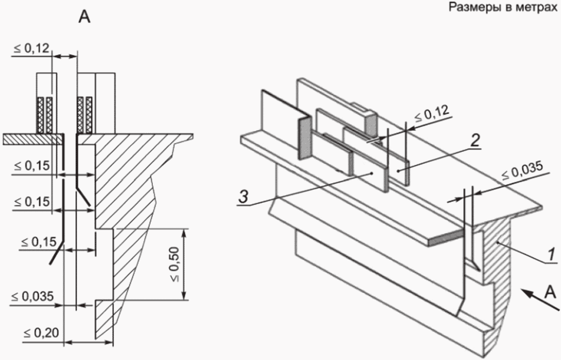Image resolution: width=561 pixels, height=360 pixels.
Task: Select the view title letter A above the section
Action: [x=85, y=17]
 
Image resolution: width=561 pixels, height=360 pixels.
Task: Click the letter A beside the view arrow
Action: [x=550, y=292]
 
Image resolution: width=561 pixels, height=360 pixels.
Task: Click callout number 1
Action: [x=551, y=254]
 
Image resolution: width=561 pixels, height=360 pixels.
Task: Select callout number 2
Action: [x=475, y=140]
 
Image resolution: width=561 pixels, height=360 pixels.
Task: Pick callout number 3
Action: [x=243, y=197]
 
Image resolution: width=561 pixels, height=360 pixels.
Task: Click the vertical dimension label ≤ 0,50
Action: [x=175, y=264]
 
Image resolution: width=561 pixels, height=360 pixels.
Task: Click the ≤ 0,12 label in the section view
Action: [x=31, y=48]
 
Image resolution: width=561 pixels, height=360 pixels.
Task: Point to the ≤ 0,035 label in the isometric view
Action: [x=522, y=170]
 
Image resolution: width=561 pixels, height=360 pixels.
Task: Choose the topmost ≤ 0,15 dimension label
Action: [x=31, y=166]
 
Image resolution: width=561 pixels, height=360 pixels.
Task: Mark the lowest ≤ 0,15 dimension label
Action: [x=38, y=242]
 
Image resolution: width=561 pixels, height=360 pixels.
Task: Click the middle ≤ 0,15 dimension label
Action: [x=31, y=202]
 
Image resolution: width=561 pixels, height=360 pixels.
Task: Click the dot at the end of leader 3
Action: [x=372, y=173]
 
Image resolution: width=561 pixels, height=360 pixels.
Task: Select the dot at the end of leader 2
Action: [x=398, y=171]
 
